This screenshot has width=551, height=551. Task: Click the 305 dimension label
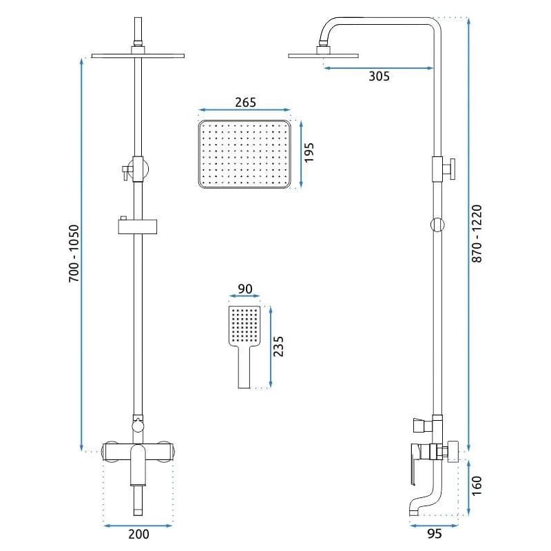point(379,76)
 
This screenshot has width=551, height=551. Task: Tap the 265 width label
point(246,102)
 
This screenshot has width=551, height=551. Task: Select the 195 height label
point(309,152)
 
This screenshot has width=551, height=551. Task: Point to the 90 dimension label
point(245,289)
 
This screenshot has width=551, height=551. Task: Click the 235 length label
point(278,346)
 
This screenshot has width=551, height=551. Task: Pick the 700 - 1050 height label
point(74,253)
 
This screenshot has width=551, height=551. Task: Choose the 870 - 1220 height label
point(477,233)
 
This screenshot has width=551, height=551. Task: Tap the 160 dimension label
point(477,486)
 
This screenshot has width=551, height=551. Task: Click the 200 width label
point(138,534)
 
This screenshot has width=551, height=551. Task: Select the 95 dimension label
point(435,534)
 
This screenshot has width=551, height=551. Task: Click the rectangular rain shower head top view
point(245,154)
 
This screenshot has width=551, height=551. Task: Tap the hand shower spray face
point(245,326)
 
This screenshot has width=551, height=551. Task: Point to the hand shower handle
point(245,367)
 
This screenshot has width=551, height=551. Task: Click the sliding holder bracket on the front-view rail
point(137,226)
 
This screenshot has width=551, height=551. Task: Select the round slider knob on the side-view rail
point(437,225)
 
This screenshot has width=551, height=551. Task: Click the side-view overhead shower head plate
point(323,56)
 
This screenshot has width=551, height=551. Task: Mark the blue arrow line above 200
point(138,526)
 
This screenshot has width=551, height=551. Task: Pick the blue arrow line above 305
point(378,68)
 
